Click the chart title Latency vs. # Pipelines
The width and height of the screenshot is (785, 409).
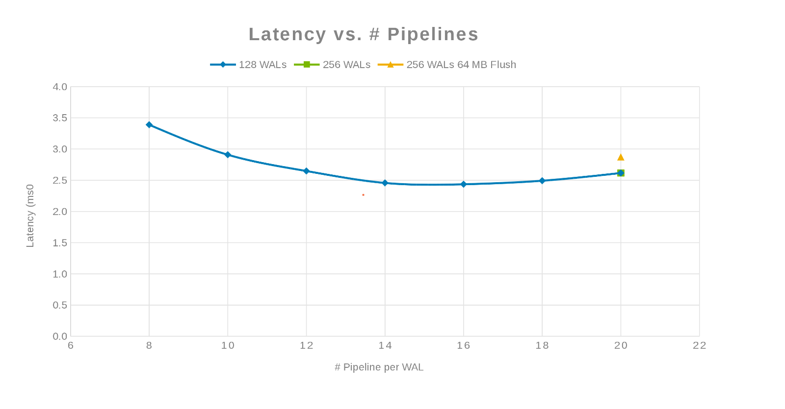[363, 34]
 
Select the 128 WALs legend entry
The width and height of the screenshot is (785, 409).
[249, 65]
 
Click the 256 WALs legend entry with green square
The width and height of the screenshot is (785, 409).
[333, 65]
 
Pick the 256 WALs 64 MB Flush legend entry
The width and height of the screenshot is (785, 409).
[447, 65]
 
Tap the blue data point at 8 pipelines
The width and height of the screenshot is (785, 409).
[149, 125]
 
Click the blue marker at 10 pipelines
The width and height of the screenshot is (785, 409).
[228, 155]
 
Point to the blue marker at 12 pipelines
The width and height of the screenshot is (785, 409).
[306, 171]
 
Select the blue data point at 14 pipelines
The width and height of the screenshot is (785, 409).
[385, 183]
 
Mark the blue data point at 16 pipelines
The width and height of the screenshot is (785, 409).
[464, 184]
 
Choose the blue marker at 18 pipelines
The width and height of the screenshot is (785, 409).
[542, 181]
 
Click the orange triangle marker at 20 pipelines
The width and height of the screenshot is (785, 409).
[621, 157]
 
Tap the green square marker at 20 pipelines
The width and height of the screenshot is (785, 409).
[621, 173]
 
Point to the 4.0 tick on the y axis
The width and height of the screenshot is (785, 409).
[60, 87]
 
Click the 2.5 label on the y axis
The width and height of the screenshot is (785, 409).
[60, 181]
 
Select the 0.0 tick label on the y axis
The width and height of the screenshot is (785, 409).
[60, 337]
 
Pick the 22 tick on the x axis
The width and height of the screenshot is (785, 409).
[699, 346]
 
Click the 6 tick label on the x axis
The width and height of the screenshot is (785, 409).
[71, 346]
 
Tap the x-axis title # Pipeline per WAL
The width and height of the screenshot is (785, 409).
[379, 367]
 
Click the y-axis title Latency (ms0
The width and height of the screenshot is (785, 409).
[30, 216]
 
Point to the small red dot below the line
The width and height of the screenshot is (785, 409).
[363, 195]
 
